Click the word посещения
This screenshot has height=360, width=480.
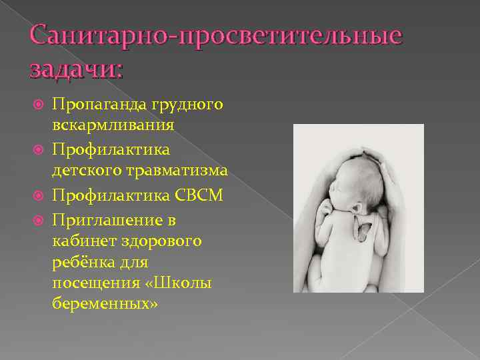click(x=92, y=283)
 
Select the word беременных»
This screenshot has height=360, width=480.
click(x=105, y=303)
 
